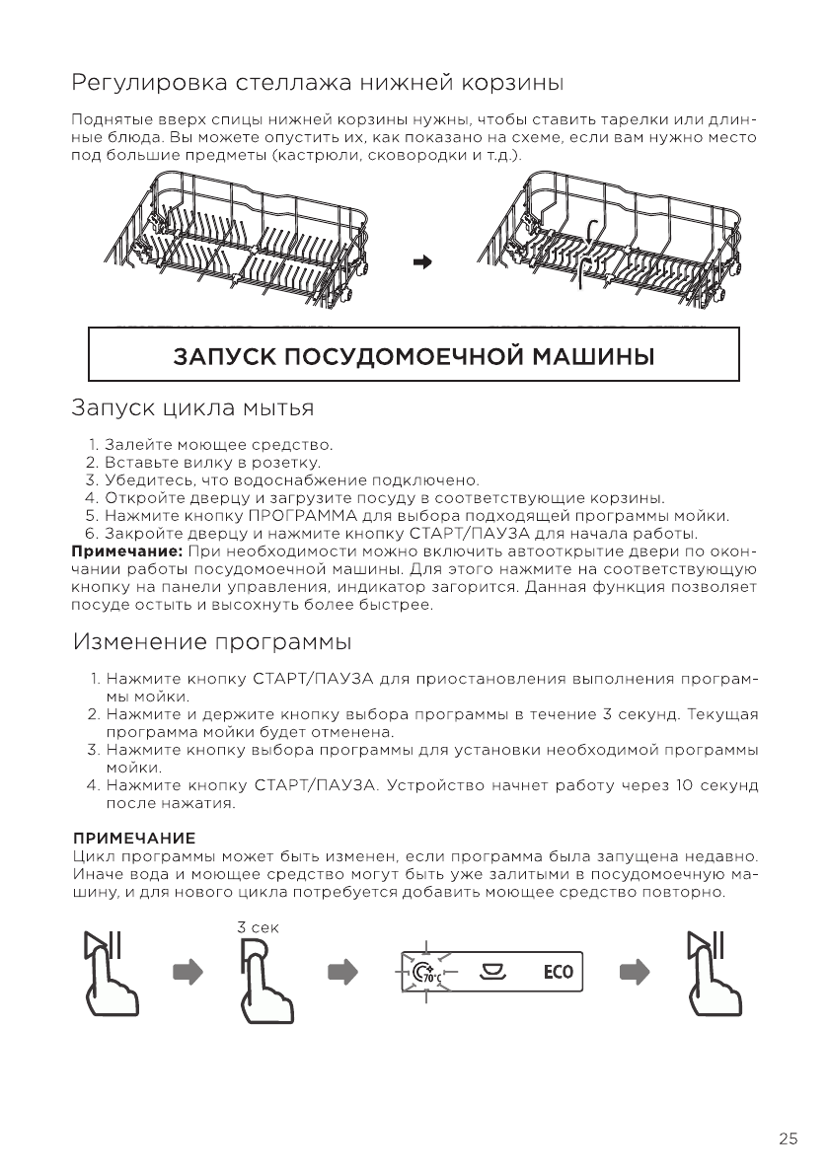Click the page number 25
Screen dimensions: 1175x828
click(x=788, y=1139)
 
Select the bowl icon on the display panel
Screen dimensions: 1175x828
click(x=492, y=972)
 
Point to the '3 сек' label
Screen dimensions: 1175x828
click(x=259, y=928)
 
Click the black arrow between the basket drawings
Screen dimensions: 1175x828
click(x=422, y=262)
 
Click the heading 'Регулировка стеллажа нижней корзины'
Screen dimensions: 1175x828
click(x=317, y=80)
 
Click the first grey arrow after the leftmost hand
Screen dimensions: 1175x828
click(x=187, y=972)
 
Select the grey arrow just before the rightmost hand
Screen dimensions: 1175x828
click(x=635, y=972)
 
